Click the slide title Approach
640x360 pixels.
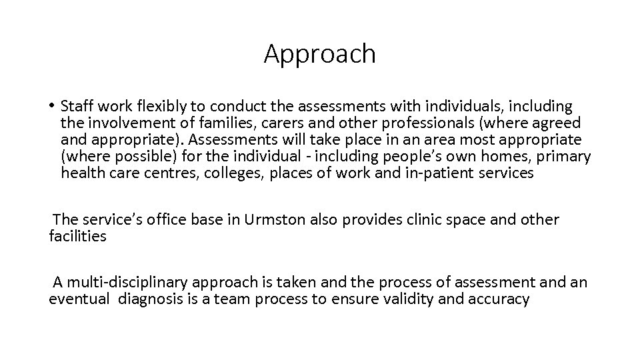[x=320, y=54]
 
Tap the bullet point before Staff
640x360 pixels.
[x=51, y=106]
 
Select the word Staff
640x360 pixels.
[x=77, y=106]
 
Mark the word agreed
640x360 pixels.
[x=557, y=123]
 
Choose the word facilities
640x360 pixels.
[x=78, y=236]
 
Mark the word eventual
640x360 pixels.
[x=79, y=299]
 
